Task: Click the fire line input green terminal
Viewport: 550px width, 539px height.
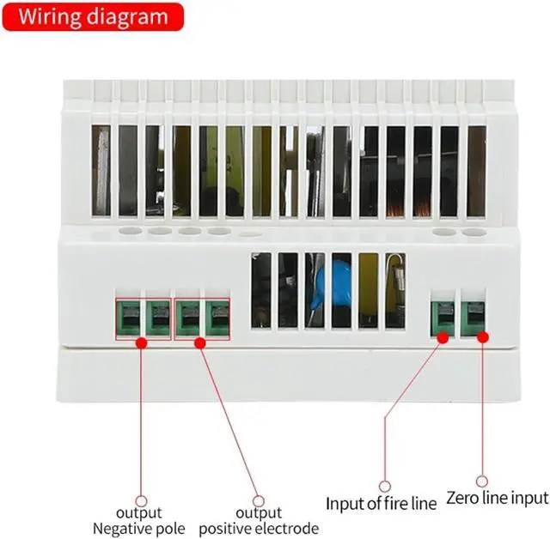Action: point(443,317)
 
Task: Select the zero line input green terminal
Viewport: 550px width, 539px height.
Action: point(473,317)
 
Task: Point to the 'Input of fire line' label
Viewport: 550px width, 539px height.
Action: point(381,502)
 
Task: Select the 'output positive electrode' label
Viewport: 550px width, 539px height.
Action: point(259,520)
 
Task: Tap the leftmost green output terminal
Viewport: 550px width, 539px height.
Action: point(129,318)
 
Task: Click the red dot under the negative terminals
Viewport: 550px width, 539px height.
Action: point(142,342)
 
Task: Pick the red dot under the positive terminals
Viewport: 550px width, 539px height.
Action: point(200,342)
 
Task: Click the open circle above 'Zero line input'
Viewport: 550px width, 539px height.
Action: point(482,482)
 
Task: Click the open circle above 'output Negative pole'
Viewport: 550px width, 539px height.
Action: point(142,501)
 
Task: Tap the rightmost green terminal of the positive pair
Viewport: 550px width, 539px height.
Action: point(217,318)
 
